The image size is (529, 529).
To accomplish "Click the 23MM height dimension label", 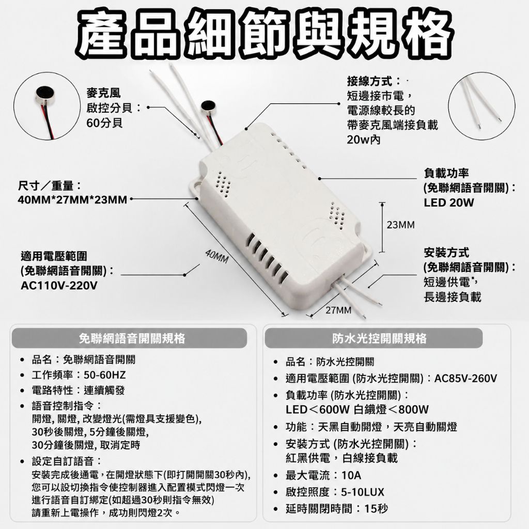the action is point(401,225).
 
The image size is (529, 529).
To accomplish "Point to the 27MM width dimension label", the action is point(338,310).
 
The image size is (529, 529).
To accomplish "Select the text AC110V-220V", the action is point(59,286).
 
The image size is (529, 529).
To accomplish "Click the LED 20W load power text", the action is point(449,203).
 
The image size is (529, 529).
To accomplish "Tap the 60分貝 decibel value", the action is point(104,123).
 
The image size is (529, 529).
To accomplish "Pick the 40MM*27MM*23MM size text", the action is point(72,200).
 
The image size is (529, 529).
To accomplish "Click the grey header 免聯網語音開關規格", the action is point(132,338).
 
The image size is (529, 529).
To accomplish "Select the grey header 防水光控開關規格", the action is point(380,338).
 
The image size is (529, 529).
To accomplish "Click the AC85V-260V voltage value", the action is point(465,379).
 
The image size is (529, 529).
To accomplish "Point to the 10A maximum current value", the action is point(351,475).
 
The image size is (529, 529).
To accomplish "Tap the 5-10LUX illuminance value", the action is point(363,492).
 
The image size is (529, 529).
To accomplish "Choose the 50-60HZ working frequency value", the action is point(104,375).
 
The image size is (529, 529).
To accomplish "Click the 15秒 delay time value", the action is point(376,508).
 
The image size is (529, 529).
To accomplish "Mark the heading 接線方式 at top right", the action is point(369,81).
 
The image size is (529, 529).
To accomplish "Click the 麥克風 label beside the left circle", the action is point(103,93).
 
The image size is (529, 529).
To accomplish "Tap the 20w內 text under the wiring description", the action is point(364,139).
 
